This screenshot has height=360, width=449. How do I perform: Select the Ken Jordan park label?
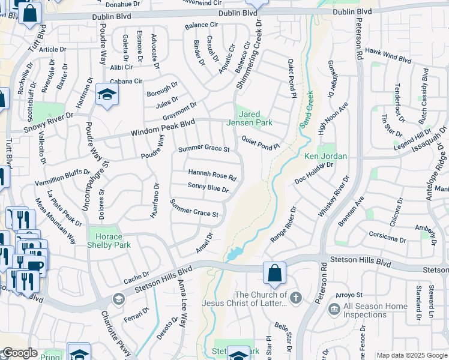[x=326, y=156]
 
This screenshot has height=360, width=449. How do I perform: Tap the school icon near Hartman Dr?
[x=107, y=95]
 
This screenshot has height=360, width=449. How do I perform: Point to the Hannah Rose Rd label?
[x=212, y=175]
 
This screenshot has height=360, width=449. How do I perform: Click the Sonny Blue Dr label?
[x=208, y=188]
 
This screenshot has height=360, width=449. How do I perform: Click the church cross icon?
[x=295, y=296]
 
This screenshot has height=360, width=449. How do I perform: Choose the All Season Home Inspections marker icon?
[x=334, y=310]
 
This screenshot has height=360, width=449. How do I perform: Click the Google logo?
[x=19, y=353]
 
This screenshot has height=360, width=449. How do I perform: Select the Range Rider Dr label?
[x=283, y=225]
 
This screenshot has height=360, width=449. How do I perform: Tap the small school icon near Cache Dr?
[x=119, y=299]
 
